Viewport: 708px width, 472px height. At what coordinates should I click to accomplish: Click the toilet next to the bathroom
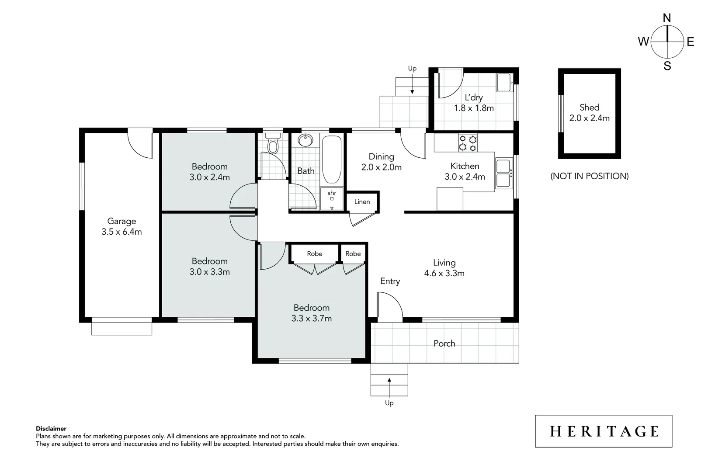[273, 145]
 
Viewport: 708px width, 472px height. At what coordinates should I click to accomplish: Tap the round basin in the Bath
[305, 141]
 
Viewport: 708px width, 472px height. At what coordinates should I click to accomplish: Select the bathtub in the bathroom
[332, 160]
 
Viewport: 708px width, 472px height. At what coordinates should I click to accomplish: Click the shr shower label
[332, 193]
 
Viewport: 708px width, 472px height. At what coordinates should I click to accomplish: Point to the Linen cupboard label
[362, 202]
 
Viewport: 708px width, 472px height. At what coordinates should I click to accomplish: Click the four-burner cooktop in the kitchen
[468, 143]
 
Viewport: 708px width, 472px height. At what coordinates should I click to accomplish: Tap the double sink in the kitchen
[503, 173]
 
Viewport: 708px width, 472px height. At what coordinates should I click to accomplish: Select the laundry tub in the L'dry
[504, 82]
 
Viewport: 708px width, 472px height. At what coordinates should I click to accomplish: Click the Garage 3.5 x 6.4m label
[121, 226]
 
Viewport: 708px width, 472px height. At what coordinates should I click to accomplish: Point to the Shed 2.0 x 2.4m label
[589, 113]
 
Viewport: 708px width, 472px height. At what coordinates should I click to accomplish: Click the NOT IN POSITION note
[589, 176]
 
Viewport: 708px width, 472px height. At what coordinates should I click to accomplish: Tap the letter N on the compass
[667, 18]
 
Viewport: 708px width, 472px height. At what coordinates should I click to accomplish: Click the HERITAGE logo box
[604, 431]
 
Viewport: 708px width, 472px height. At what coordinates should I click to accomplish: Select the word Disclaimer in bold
[51, 429]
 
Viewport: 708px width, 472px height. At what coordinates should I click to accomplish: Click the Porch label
[444, 344]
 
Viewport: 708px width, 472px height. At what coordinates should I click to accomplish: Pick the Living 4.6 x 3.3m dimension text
[444, 274]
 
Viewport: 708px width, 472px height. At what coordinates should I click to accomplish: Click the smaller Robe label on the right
[353, 254]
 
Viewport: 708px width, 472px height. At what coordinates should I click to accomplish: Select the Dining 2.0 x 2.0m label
[381, 162]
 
